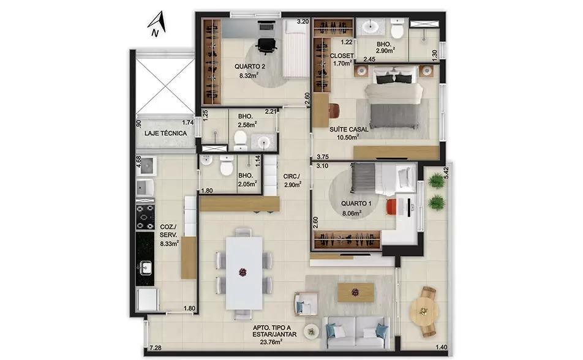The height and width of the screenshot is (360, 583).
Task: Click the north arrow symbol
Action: click(x=157, y=23)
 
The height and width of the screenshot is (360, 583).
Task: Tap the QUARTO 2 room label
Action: click(x=249, y=67)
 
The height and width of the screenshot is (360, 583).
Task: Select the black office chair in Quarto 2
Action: click(x=266, y=46)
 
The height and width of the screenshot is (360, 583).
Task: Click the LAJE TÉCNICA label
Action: click(x=165, y=133)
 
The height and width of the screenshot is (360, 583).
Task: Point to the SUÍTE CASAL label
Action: click(x=349, y=129)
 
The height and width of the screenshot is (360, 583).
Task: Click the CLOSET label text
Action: click(x=342, y=56)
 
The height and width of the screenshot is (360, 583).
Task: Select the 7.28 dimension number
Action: click(x=156, y=348)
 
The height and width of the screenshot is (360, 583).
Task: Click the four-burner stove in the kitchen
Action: click(x=145, y=217)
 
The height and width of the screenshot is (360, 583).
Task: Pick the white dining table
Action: click(x=244, y=273)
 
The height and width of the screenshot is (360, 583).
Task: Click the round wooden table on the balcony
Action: click(x=423, y=311)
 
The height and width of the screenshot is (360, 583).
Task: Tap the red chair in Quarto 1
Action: click(x=391, y=207)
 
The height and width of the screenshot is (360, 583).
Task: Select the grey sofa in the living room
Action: click(x=356, y=333)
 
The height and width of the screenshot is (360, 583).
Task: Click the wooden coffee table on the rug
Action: click(x=355, y=292)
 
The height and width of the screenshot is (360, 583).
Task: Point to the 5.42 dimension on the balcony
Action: click(x=446, y=173)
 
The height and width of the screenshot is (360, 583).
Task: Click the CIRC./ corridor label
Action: click(x=291, y=176)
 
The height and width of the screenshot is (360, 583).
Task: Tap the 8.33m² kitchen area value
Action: click(x=169, y=244)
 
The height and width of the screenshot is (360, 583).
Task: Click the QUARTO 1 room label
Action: click(x=356, y=203)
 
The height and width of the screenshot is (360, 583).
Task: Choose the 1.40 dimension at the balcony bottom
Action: click(x=442, y=347)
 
